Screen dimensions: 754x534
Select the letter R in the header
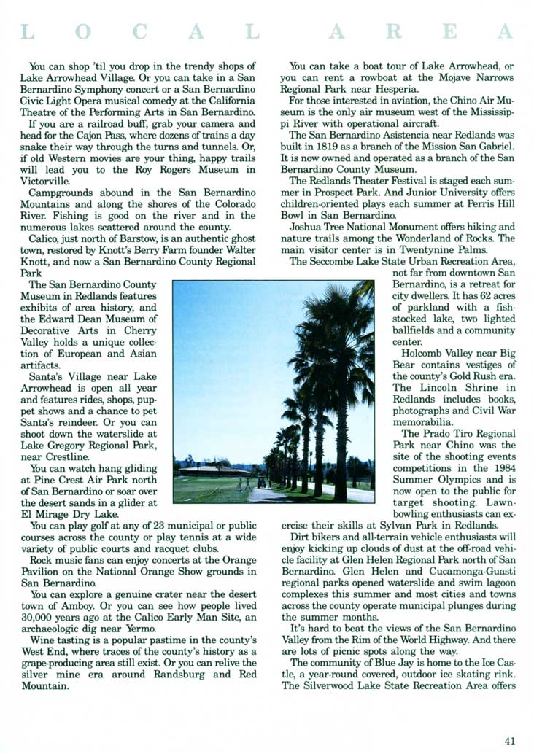(394, 31)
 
